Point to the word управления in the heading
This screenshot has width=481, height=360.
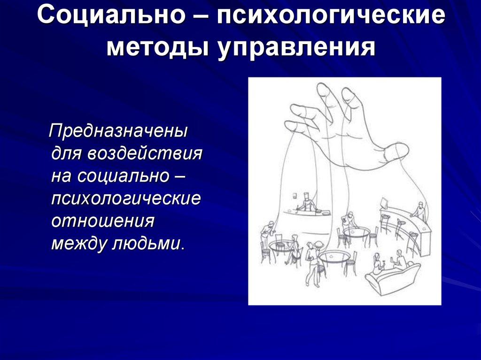(x=296, y=48)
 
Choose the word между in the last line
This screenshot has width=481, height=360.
(x=80, y=243)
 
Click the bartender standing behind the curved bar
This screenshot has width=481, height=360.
(x=420, y=211)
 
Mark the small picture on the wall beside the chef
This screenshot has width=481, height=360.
(x=295, y=195)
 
